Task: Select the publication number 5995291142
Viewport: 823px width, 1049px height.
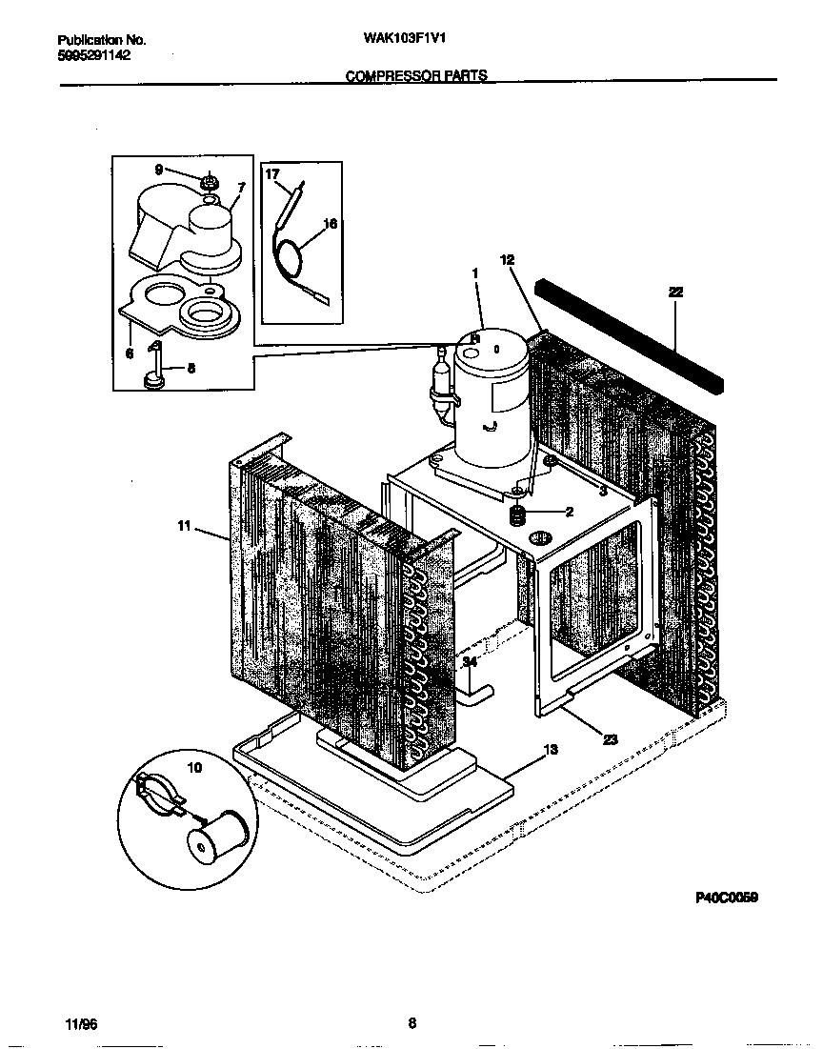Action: (x=94, y=55)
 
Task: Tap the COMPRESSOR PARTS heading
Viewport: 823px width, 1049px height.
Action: (x=415, y=75)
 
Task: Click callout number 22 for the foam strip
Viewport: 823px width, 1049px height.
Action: (x=675, y=293)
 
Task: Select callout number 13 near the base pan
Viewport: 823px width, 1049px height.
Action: (x=550, y=750)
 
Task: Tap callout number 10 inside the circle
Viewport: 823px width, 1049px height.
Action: (x=194, y=767)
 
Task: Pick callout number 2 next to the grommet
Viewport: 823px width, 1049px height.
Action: (x=569, y=512)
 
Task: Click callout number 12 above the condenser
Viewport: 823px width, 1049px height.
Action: (x=506, y=259)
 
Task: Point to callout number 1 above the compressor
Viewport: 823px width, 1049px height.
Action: (x=474, y=272)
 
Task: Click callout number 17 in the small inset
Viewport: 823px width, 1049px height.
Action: (x=271, y=174)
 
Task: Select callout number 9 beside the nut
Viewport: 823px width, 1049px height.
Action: (x=159, y=170)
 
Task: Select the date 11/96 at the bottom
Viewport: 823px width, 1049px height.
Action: (x=83, y=1024)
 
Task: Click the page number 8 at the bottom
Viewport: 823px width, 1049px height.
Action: (x=411, y=1024)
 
